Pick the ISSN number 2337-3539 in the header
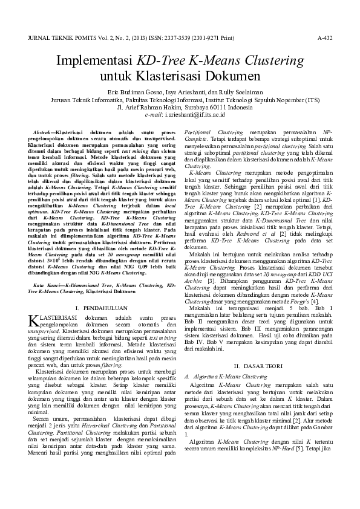tap(166, 37)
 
